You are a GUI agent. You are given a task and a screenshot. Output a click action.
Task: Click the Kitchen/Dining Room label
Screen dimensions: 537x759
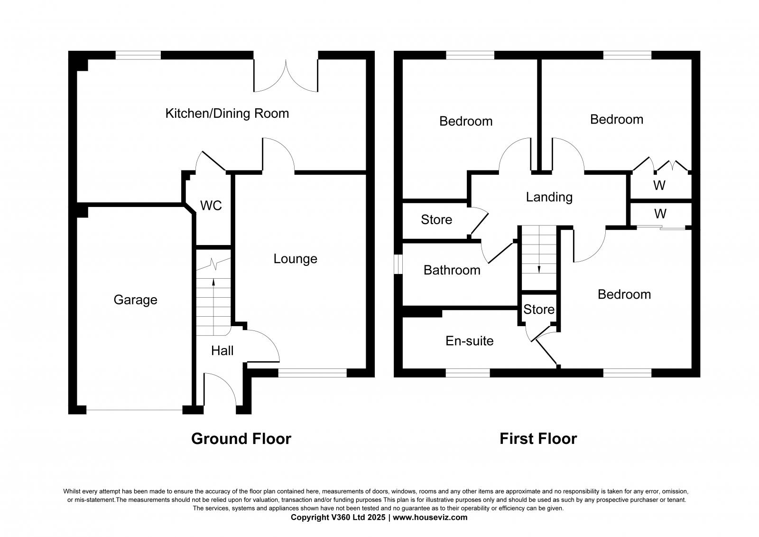227,113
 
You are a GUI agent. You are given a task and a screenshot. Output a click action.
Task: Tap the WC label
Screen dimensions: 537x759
211,206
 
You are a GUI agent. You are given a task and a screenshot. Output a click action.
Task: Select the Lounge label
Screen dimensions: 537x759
295,259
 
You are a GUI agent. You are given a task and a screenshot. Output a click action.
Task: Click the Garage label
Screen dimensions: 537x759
135,300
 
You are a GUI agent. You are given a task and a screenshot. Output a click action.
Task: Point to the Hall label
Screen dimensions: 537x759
222,351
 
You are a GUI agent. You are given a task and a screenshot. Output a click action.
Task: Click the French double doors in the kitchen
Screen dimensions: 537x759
286,76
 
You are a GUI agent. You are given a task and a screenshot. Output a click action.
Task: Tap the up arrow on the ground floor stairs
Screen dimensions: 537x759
213,283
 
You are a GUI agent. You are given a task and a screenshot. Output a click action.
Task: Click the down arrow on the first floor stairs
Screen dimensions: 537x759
539,269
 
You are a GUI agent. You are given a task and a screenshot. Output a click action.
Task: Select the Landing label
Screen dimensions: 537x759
549,197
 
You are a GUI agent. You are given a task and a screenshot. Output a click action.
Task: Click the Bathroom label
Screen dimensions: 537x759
452,270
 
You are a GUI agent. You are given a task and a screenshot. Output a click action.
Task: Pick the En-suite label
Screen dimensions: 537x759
469,341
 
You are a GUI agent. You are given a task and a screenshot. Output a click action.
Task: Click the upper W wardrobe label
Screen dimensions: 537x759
659,186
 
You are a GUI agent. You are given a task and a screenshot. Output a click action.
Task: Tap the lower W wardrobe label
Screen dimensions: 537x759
659,213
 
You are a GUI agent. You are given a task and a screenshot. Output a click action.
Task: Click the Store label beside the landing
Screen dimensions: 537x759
436,220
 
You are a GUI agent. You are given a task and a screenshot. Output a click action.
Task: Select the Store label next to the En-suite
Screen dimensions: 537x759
539,310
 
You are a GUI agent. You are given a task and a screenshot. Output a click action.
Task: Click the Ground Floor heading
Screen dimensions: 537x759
241,438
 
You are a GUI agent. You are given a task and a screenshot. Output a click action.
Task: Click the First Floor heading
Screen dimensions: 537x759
538,438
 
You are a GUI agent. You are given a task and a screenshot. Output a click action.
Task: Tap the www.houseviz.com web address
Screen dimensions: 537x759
430,518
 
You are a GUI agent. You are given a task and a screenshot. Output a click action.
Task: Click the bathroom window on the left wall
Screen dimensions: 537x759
398,264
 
